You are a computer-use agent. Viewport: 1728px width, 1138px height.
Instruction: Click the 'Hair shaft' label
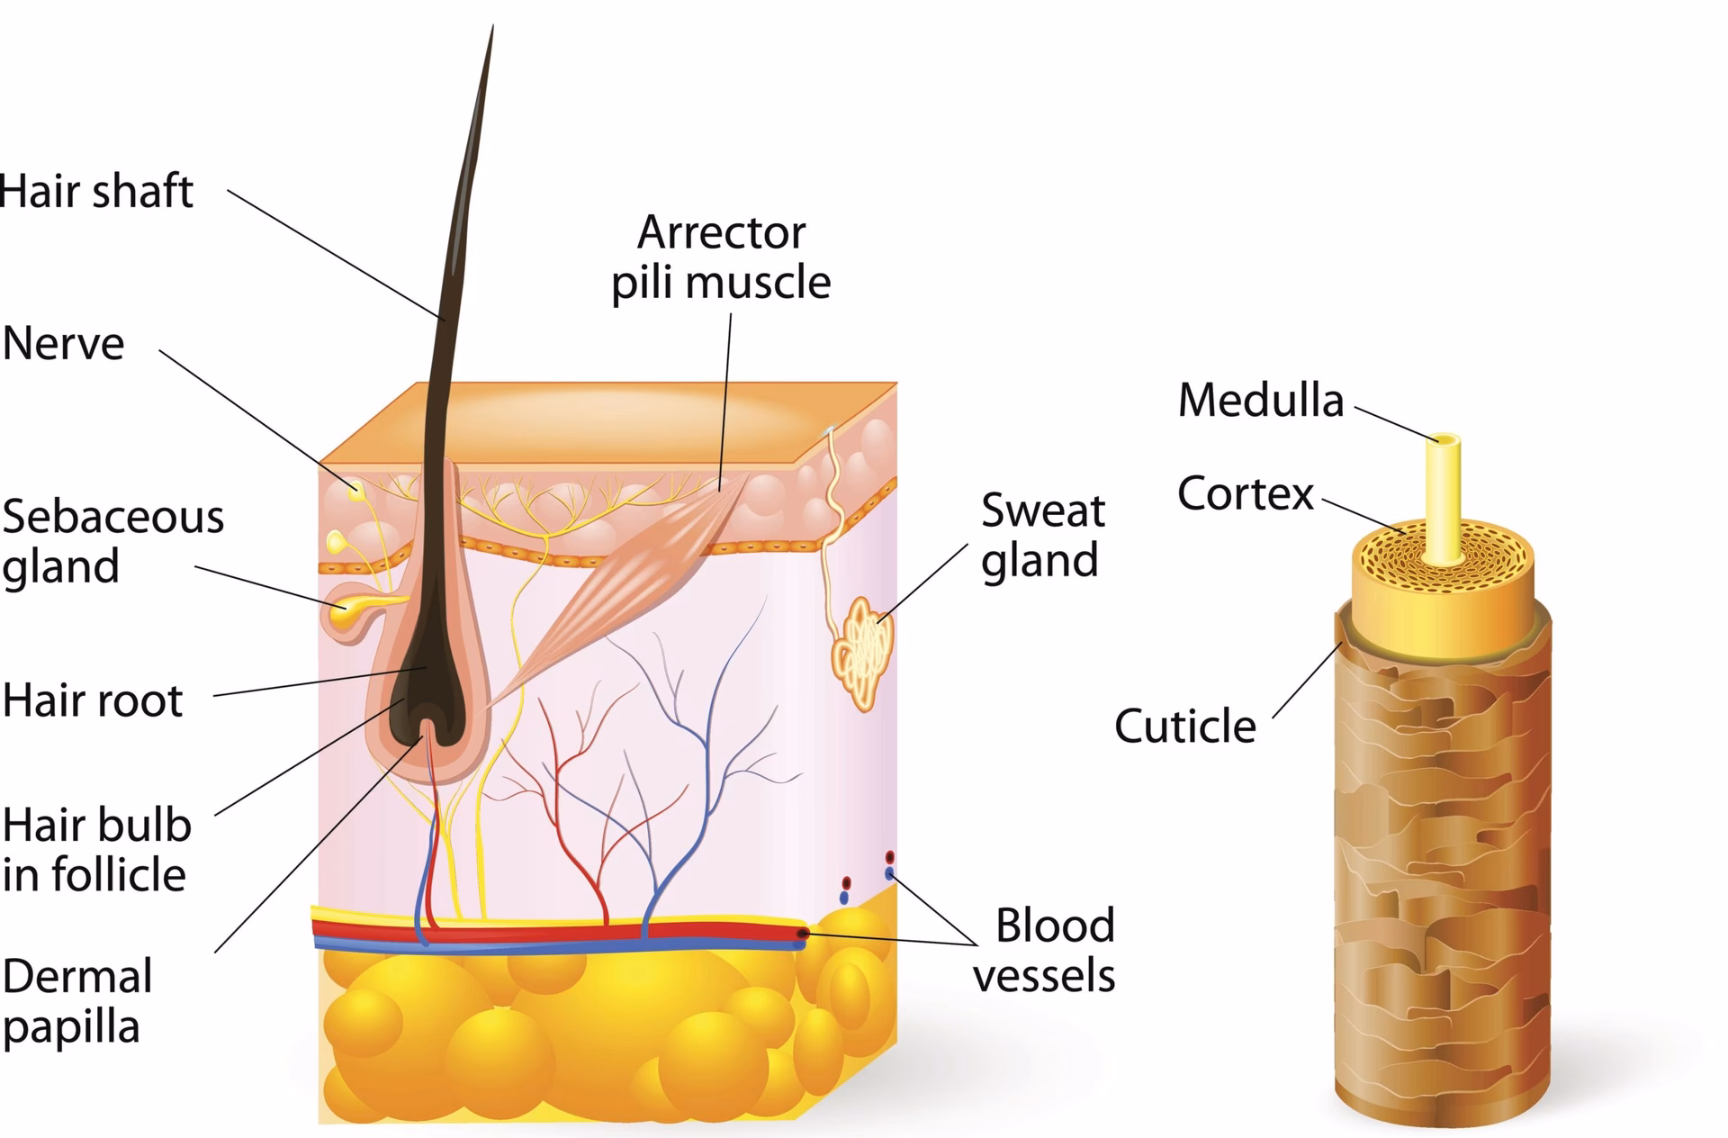coord(96,192)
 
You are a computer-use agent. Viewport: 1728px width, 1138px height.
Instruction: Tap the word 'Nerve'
coord(63,344)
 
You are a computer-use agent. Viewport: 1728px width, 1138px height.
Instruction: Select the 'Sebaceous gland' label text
coord(112,541)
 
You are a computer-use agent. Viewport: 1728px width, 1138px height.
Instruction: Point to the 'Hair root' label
coord(93,700)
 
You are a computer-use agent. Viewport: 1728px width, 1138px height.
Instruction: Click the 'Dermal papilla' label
coord(77,1001)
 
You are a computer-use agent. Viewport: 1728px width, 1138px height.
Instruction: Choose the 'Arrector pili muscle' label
coord(721,257)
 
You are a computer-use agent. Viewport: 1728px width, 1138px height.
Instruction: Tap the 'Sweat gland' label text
coord(1042,536)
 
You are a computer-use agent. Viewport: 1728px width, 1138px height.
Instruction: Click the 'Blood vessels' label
coord(1045,951)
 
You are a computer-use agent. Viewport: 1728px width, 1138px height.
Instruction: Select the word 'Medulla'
coord(1260,401)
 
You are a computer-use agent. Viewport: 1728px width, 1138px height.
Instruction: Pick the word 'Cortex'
coord(1246,493)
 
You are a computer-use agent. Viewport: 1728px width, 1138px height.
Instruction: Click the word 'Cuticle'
coord(1184,726)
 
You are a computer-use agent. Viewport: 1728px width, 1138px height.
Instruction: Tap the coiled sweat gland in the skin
coord(863,650)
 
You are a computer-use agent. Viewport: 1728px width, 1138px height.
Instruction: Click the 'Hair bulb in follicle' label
coord(96,850)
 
